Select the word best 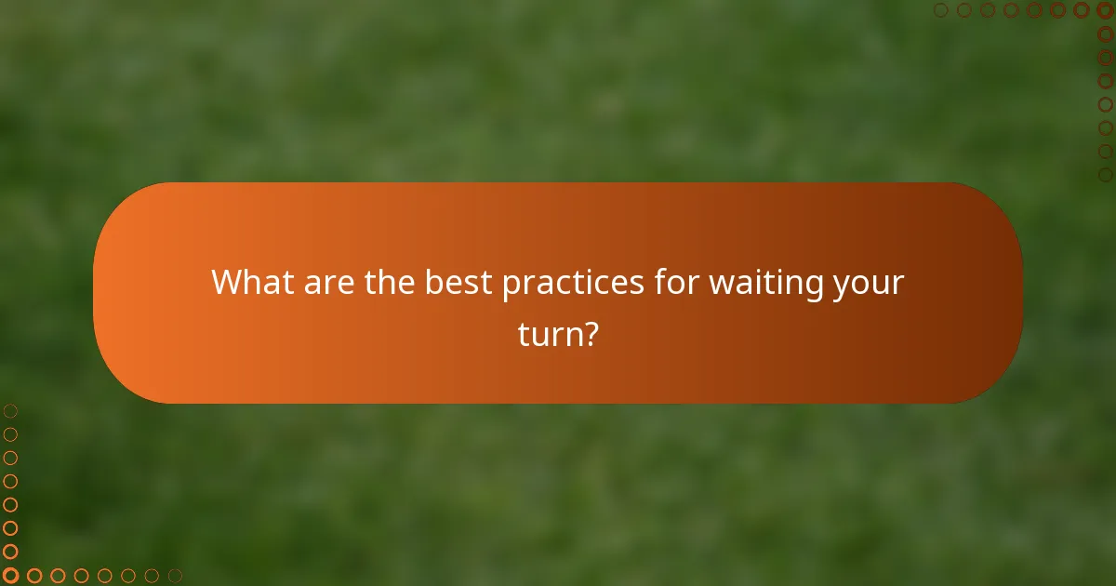(459, 282)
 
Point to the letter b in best (435, 282)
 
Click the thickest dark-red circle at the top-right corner (1105, 10)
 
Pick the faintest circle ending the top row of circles (941, 10)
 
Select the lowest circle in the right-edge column (1105, 174)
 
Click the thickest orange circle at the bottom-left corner (10, 576)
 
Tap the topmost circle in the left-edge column (10, 411)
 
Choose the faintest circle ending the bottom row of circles (175, 576)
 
